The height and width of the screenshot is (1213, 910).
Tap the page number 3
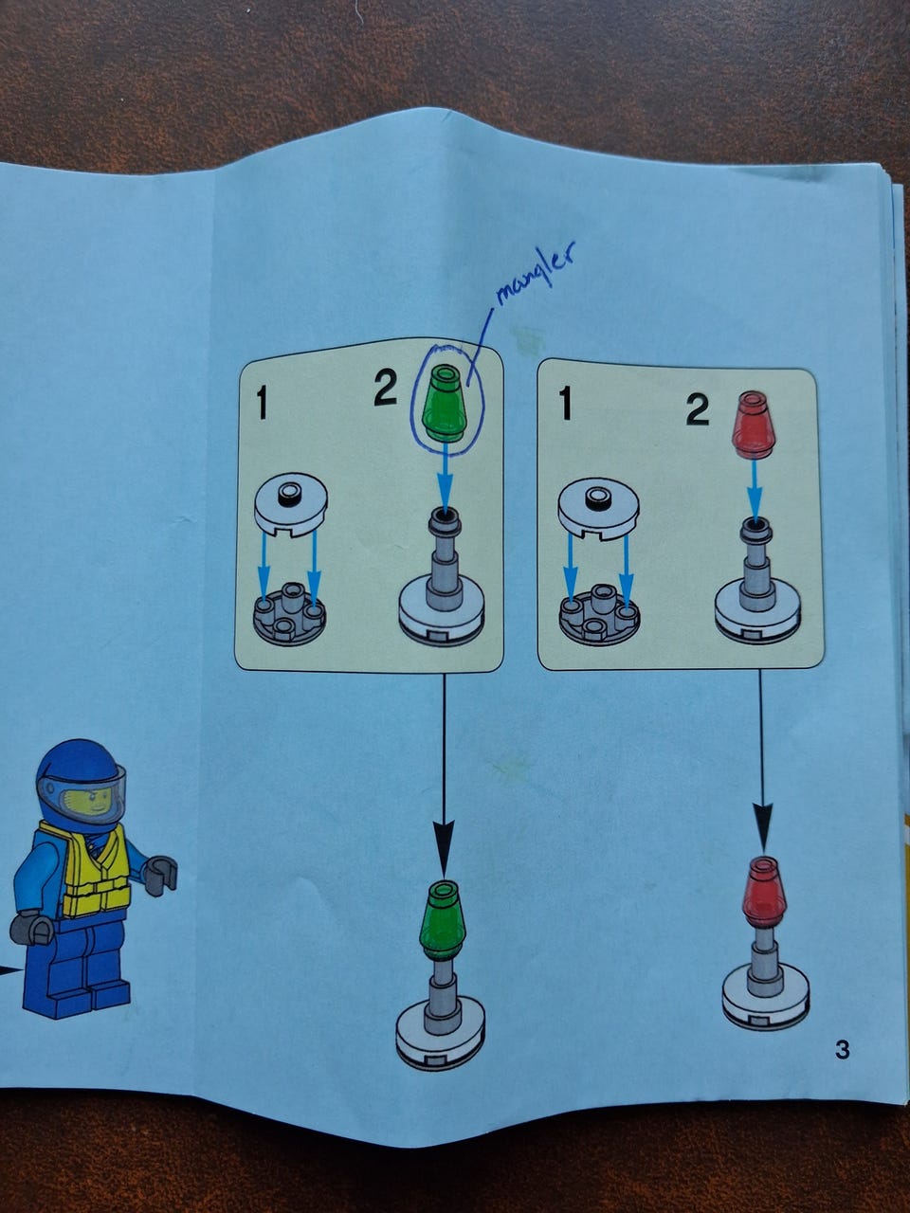(842, 1049)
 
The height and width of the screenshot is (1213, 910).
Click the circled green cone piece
(445, 403)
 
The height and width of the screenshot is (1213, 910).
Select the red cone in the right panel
(753, 425)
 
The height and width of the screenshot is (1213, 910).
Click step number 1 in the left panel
(262, 403)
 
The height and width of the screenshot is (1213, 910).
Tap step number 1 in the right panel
(564, 404)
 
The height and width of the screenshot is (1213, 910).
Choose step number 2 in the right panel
(698, 410)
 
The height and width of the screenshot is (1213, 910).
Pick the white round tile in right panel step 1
(598, 506)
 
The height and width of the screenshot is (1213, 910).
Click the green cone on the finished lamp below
(442, 919)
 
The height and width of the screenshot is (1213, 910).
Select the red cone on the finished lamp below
(765, 891)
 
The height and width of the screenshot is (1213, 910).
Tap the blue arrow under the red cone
(755, 488)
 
